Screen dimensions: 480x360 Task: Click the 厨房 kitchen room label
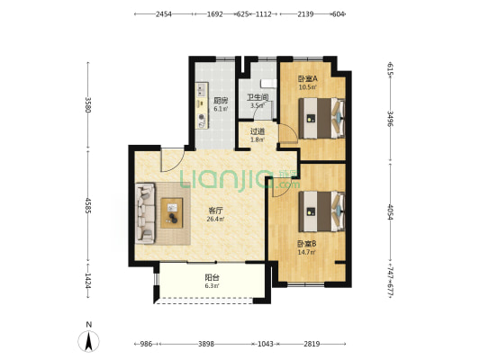click(221, 100)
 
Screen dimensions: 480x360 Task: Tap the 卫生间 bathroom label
click(258, 97)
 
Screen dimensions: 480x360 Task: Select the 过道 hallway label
click(258, 131)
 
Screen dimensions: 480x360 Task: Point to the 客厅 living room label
click(215, 211)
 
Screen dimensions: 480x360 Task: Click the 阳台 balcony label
click(212, 278)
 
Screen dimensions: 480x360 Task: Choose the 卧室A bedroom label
click(308, 78)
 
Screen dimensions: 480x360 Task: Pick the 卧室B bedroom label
click(307, 244)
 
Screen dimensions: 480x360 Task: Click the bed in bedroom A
click(322, 118)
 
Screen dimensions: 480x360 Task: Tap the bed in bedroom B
click(322, 211)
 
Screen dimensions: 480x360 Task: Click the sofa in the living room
click(145, 213)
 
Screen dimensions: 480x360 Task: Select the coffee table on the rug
click(172, 213)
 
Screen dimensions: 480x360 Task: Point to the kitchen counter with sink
click(202, 105)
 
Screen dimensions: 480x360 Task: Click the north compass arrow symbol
click(89, 341)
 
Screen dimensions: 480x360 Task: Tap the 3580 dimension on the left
click(88, 105)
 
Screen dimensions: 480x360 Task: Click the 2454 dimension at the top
click(164, 14)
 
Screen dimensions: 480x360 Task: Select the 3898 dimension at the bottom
click(206, 344)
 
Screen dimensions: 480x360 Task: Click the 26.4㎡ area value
click(215, 219)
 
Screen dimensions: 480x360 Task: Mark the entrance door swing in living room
click(172, 160)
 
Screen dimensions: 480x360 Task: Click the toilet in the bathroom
click(268, 83)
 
